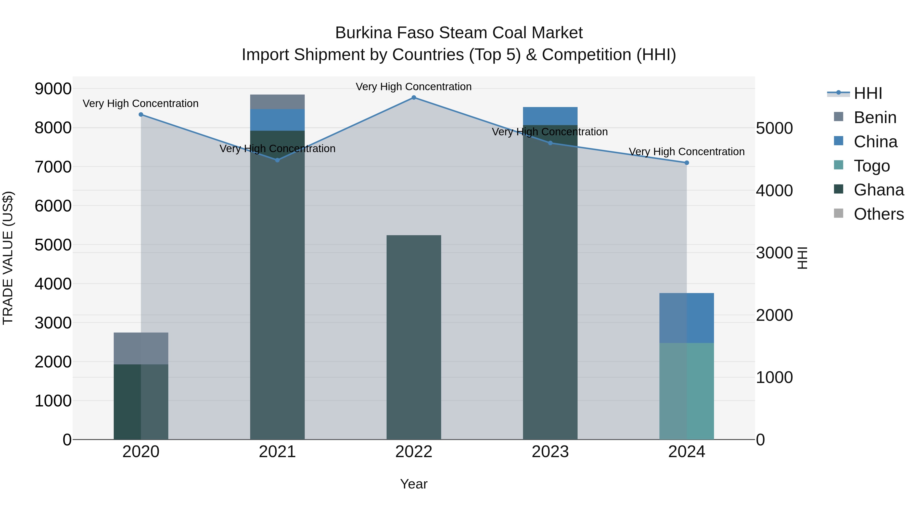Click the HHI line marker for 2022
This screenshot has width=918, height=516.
click(x=414, y=97)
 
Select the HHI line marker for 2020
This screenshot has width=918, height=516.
click(x=141, y=114)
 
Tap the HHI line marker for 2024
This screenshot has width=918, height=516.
click(x=687, y=163)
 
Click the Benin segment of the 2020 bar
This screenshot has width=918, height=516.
click(x=141, y=348)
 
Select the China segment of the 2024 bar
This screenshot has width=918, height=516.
click(x=687, y=318)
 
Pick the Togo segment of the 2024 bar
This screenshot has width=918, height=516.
click(x=687, y=391)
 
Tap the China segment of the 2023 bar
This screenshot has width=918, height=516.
click(x=550, y=116)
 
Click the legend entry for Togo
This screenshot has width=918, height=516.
click(x=872, y=166)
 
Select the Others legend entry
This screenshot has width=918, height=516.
click(x=878, y=214)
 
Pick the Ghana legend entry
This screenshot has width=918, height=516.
click(x=878, y=190)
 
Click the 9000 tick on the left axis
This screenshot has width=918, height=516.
click(x=53, y=89)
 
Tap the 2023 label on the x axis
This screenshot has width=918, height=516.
click(x=550, y=452)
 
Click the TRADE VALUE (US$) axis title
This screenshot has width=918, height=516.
click(x=8, y=258)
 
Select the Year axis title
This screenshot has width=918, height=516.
click(x=414, y=484)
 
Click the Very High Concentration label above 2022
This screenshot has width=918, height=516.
click(x=414, y=87)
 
